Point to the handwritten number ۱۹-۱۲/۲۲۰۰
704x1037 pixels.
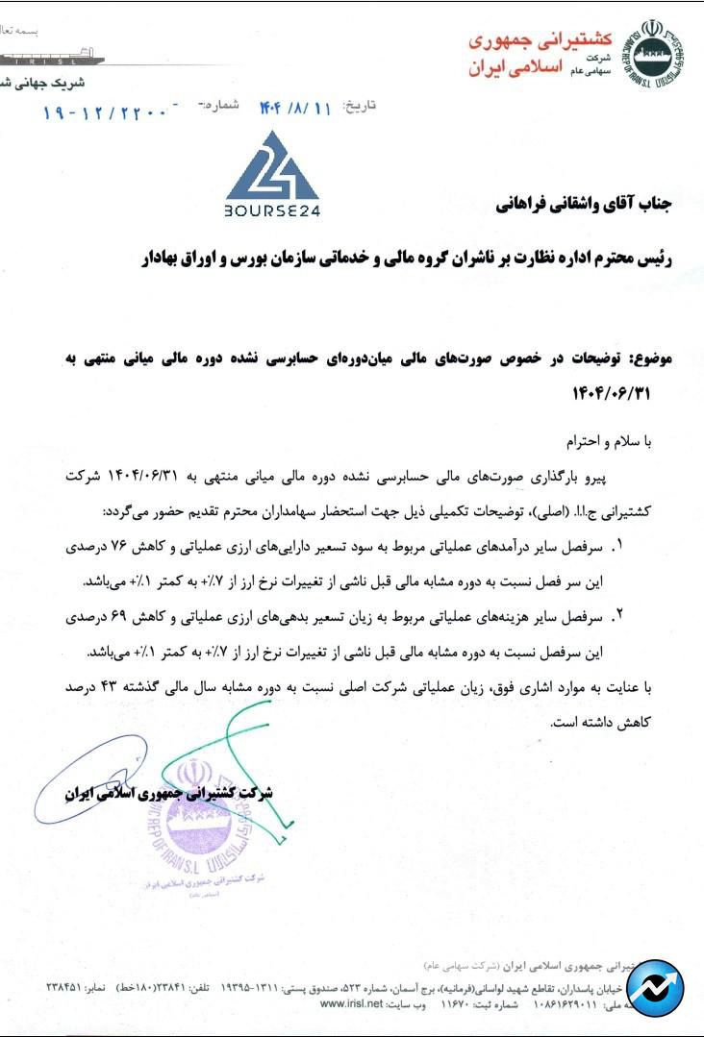tap(107, 111)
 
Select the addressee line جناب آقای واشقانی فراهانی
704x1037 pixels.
tap(586, 205)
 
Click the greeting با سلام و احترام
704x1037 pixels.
tap(615, 442)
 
